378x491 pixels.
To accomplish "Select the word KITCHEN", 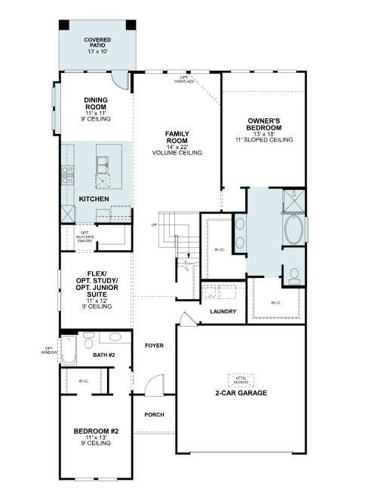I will (94, 199).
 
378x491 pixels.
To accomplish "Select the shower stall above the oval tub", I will (293, 201).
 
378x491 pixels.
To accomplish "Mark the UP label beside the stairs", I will (155, 224).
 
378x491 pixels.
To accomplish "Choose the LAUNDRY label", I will (223, 312).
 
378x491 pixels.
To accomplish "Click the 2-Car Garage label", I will (241, 393).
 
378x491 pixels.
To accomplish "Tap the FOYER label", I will (155, 345).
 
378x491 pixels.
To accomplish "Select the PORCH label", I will (154, 414).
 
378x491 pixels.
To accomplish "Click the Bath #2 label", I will (103, 353).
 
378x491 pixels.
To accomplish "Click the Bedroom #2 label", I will (96, 435).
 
